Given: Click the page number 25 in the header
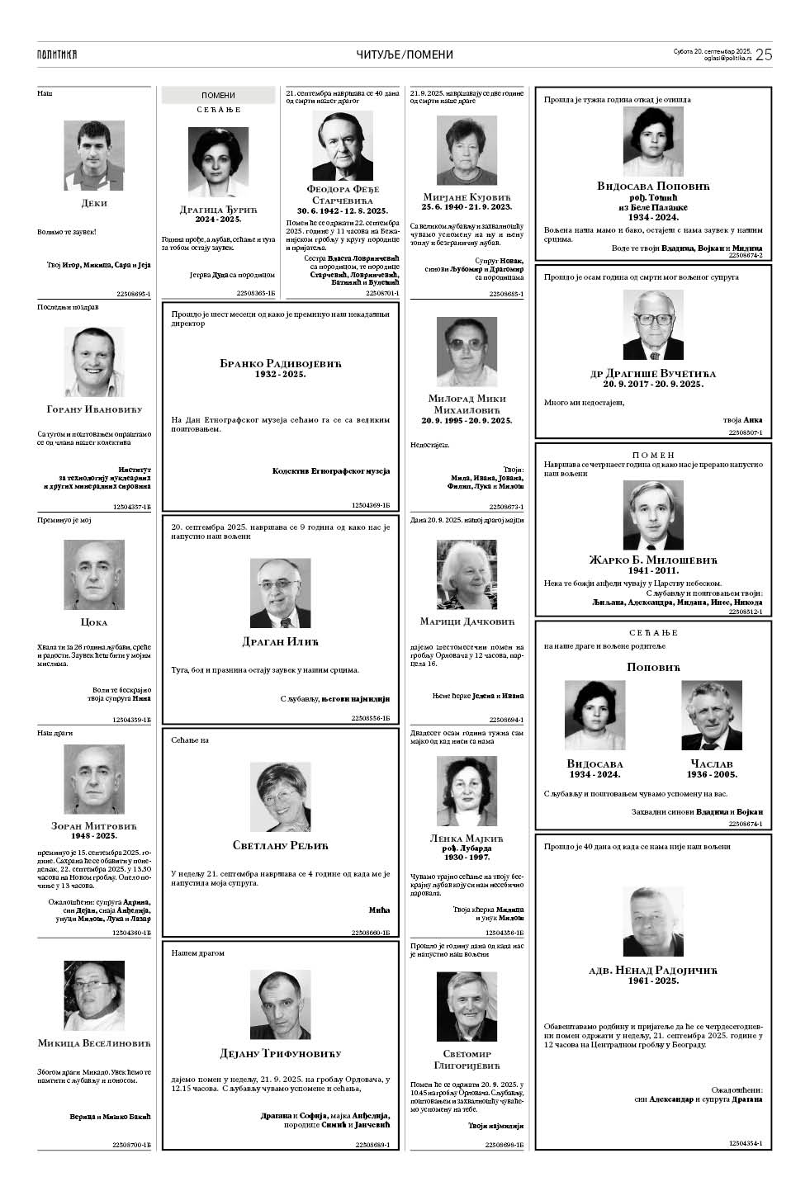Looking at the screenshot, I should pos(763,54).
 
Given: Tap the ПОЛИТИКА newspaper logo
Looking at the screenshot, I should pos(57,54).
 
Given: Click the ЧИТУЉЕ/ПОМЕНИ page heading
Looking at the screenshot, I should pos(405,54).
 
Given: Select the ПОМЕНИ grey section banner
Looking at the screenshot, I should pos(218,96).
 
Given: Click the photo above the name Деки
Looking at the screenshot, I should pos(93,155).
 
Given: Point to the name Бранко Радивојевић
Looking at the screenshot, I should pos(280,363).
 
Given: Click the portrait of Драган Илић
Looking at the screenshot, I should pos(280,593).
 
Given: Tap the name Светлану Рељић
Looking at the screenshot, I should pos(280,844).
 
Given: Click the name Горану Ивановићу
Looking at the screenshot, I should pos(94,409).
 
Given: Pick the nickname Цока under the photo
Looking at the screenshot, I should pos(94,622).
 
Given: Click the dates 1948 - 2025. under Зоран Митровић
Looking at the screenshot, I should pos(94,836).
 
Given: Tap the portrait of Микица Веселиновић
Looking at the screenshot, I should pos(94,995).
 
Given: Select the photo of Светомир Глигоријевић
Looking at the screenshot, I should pos(467,1006).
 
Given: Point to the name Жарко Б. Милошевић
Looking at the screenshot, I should pos(652,559).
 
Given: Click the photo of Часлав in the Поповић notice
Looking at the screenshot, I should pos(711,715).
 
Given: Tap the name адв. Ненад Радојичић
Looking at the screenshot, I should pos(652,970).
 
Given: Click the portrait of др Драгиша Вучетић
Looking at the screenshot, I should pos(652,325).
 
